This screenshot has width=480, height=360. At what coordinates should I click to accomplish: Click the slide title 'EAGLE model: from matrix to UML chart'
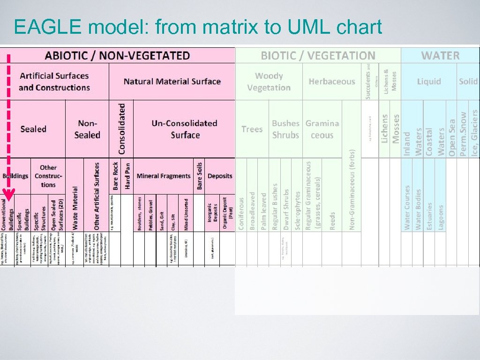point(198,28)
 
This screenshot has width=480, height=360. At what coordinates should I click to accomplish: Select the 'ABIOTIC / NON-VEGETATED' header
point(117,55)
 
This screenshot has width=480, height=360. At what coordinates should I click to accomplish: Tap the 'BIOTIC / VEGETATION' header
point(318,56)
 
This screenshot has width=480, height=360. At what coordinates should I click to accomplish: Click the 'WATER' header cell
point(440,56)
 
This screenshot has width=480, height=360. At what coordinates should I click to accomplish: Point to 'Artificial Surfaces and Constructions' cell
point(54,82)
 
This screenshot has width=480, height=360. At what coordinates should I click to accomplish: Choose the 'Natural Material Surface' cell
point(172,82)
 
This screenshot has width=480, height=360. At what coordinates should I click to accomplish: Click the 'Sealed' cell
point(33,129)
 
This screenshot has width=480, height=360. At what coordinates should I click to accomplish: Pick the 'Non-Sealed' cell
point(87,129)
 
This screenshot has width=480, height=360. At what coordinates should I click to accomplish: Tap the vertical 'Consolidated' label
point(122,129)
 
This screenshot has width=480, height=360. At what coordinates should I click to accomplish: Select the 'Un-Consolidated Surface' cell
point(184,129)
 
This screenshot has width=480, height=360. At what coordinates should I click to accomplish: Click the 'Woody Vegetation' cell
point(269,82)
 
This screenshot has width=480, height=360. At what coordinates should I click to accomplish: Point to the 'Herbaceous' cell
point(332,82)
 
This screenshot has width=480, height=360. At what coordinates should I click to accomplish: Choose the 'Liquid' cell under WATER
point(429,82)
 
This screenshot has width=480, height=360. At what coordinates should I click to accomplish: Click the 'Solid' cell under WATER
point(468,82)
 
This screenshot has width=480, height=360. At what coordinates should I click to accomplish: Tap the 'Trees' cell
point(252,129)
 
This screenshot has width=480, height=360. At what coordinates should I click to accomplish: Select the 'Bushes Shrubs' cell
point(285,129)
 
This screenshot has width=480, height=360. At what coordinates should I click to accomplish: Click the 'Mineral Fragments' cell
point(164,176)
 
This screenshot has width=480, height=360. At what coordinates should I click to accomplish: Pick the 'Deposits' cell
point(220,176)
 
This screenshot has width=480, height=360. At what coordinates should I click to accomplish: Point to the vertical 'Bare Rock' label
point(116,176)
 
